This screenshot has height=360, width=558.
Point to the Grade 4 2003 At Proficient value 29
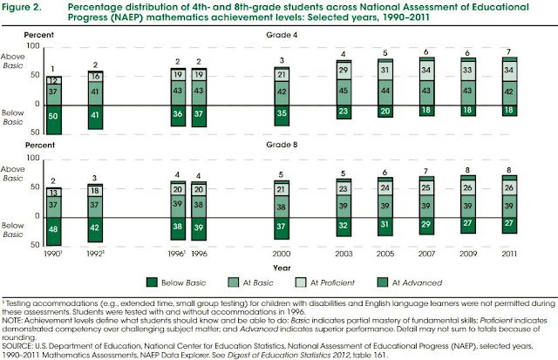click(x=343, y=70)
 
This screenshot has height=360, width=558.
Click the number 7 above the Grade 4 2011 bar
click(x=507, y=52)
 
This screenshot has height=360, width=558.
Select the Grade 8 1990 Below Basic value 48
click(x=54, y=227)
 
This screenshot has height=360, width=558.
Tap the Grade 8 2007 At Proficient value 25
click(x=425, y=187)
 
